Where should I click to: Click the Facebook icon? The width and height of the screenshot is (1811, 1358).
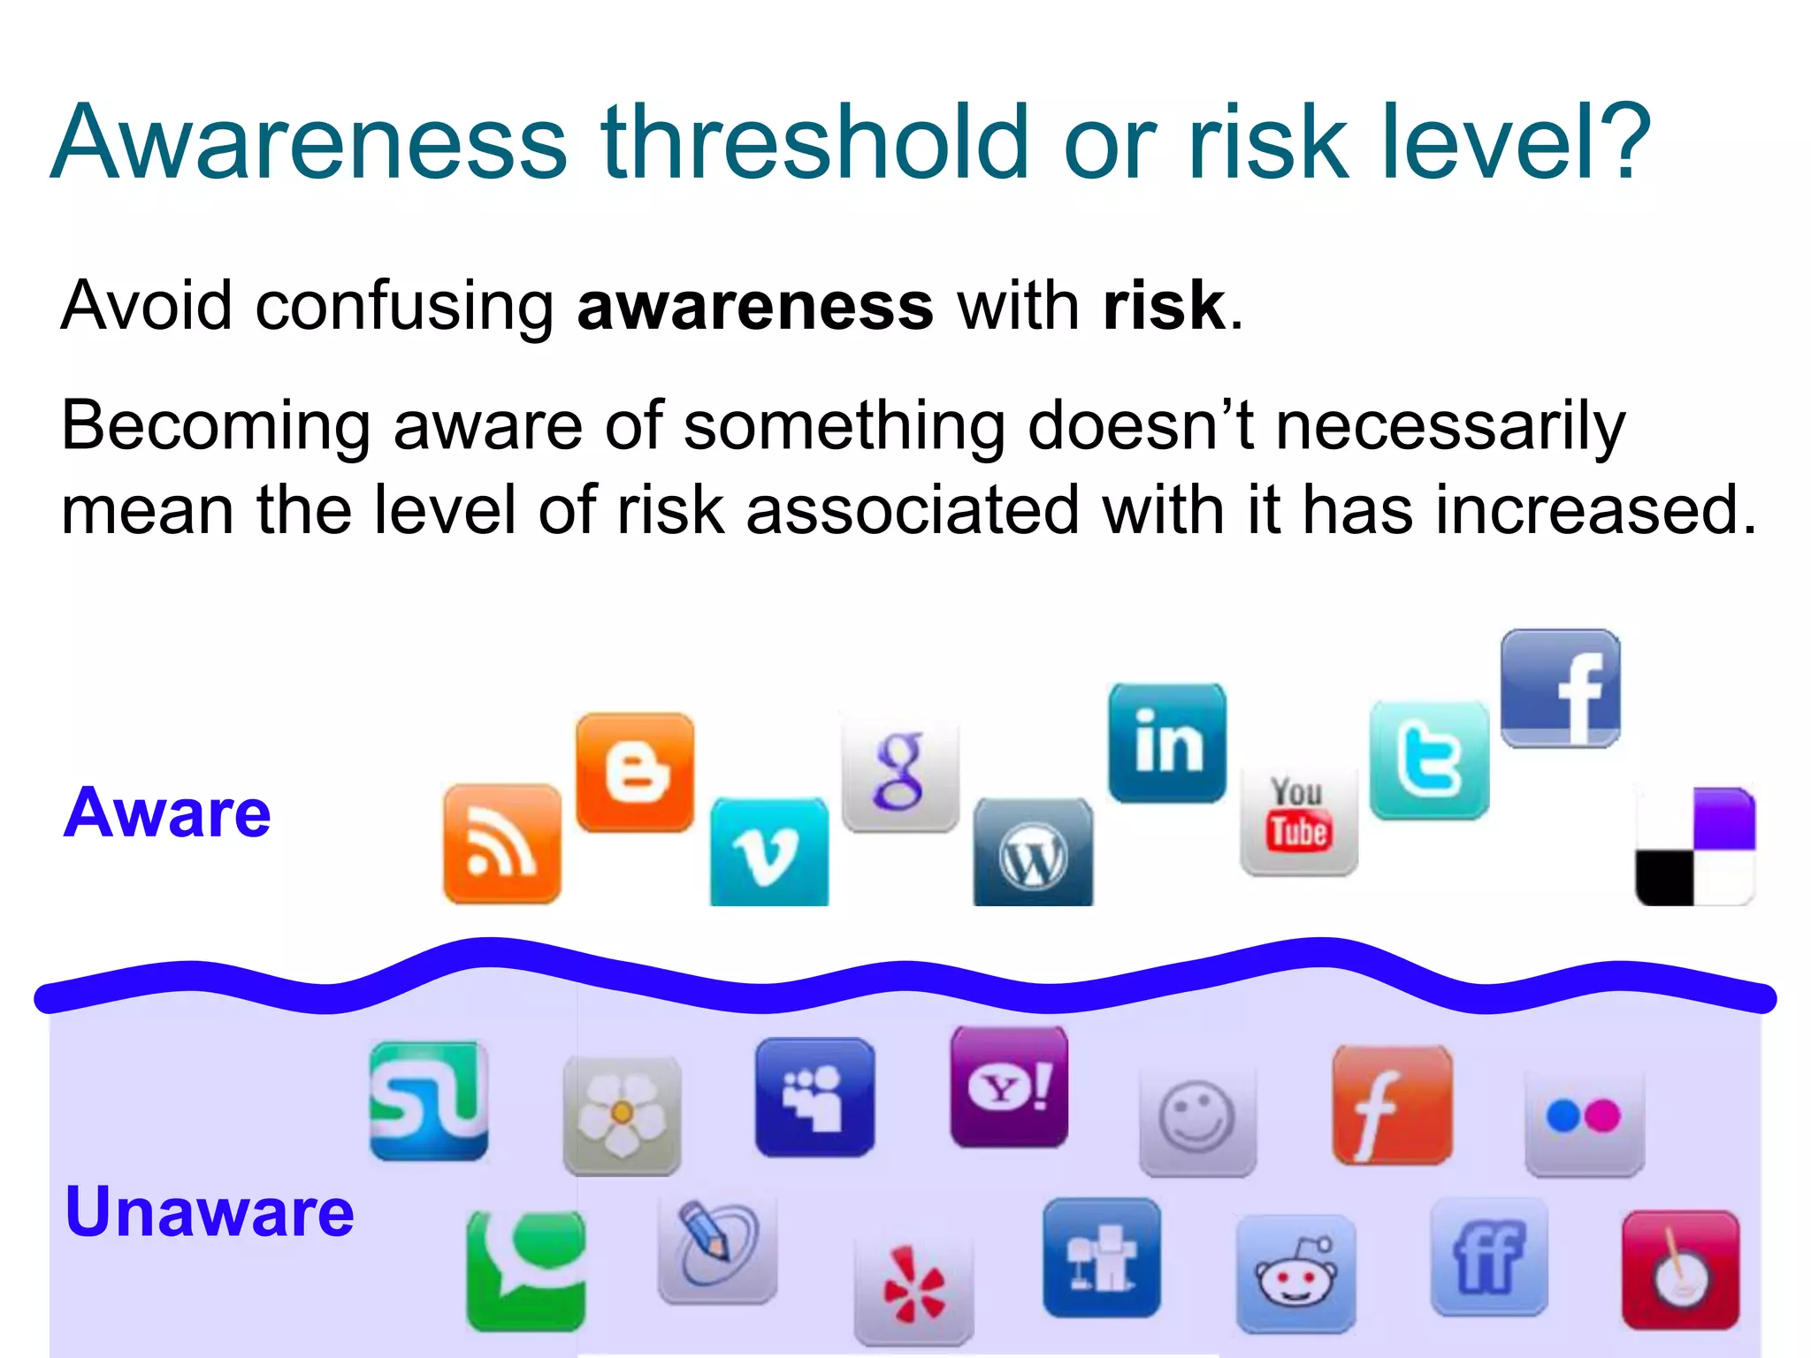click(x=1561, y=688)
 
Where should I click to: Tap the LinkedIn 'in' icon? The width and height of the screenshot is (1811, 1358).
click(x=1167, y=743)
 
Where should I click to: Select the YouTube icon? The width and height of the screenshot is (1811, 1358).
click(x=1298, y=819)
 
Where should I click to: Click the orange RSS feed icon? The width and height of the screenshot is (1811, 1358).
click(x=501, y=843)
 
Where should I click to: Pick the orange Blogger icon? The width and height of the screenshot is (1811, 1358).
click(x=635, y=772)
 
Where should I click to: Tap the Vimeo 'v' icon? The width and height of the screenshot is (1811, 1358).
click(x=768, y=851)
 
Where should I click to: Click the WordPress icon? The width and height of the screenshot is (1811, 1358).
click(x=1033, y=852)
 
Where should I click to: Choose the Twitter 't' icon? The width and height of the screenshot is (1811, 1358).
click(x=1429, y=760)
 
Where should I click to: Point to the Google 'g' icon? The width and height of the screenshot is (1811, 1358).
click(x=900, y=773)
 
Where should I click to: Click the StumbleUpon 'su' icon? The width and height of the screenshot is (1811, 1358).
click(x=429, y=1100)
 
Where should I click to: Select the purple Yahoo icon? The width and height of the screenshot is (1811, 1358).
click(x=1009, y=1087)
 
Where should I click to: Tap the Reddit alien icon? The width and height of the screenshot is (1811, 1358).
click(x=1295, y=1273)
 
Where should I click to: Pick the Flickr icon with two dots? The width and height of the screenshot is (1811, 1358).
click(x=1584, y=1118)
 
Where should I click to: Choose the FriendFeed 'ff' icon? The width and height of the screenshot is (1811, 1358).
click(x=1489, y=1256)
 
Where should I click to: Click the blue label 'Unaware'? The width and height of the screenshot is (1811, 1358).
click(x=210, y=1212)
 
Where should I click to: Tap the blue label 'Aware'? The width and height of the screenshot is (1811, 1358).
click(x=167, y=813)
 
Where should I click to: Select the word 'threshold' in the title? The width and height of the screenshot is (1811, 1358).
click(x=814, y=141)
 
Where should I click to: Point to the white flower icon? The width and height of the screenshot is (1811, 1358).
click(x=622, y=1114)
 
